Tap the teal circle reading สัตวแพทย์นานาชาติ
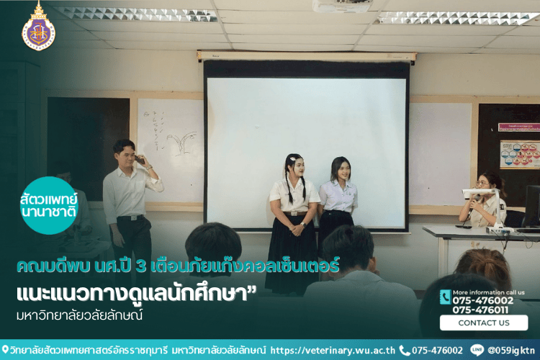coord(48,205)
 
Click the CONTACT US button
coord(484,323)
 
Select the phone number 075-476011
coord(483,310)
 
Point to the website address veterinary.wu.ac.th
coord(333,350)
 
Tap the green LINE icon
coord(477,350)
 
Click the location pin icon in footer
coord(5,350)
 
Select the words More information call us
coord(489,292)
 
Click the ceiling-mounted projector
coord(341,6)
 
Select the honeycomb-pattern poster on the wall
coord(519,154)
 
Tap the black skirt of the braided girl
coord(291,248)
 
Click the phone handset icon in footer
coord(404,350)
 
